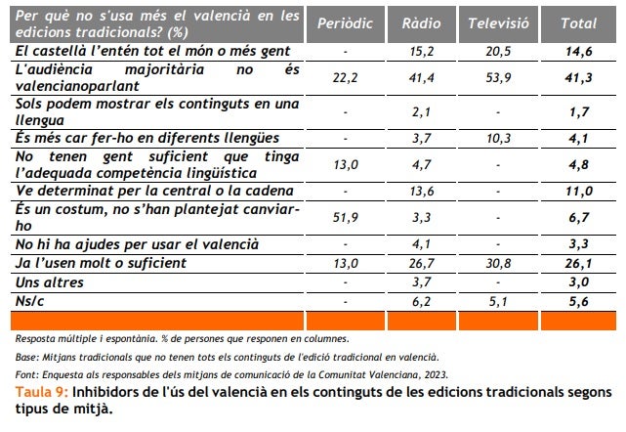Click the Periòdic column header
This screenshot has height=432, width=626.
click(x=345, y=23)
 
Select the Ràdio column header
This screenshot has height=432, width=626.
click(x=421, y=23)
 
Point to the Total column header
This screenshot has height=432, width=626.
click(x=579, y=23)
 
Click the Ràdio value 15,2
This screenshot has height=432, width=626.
click(x=422, y=49)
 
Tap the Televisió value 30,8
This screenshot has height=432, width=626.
click(x=498, y=263)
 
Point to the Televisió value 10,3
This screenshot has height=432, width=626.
click(x=498, y=139)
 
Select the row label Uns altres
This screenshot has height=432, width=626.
click(x=49, y=282)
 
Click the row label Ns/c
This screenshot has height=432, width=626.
click(x=31, y=302)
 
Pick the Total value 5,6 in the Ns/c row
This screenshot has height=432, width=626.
click(x=579, y=302)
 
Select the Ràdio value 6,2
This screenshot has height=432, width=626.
click(x=422, y=302)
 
